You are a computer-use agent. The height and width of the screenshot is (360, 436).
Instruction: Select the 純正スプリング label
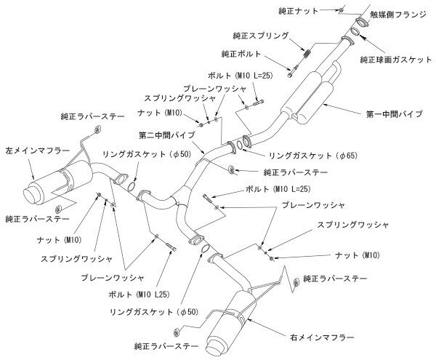click(x=266, y=35)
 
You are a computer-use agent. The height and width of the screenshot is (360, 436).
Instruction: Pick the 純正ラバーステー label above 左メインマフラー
click(x=92, y=115)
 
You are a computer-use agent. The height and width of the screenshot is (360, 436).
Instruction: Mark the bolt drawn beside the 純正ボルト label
click(x=291, y=70)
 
